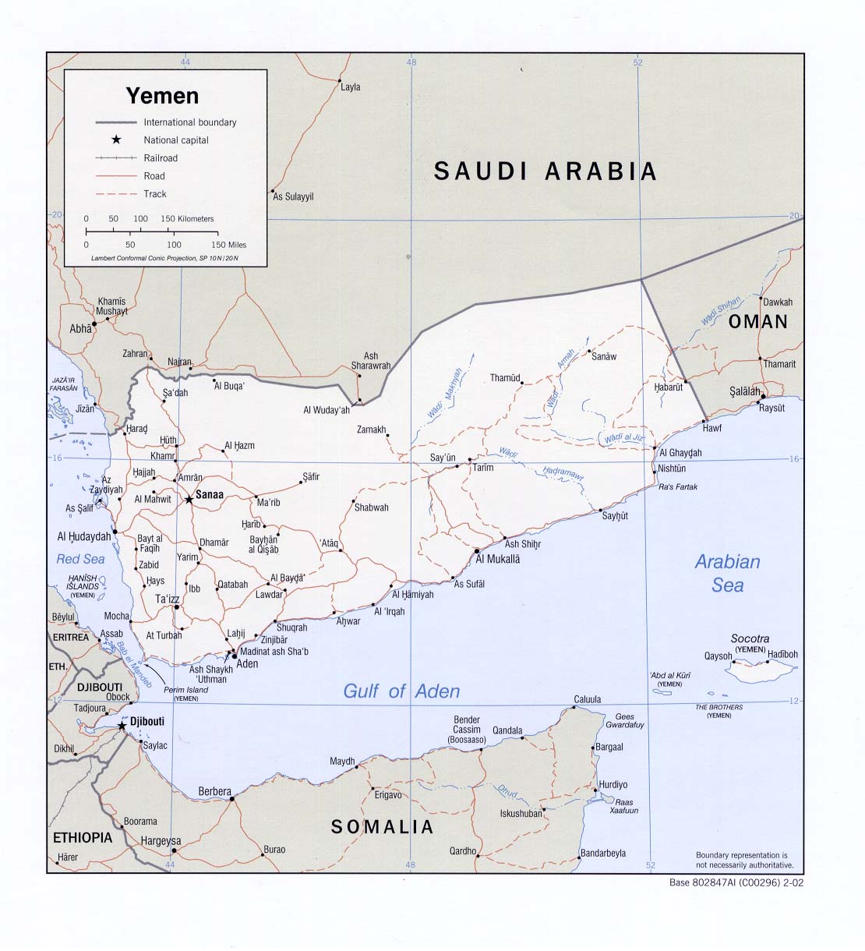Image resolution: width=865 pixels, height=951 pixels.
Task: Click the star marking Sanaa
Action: [189, 499]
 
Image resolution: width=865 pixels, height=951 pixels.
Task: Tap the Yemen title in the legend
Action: [163, 96]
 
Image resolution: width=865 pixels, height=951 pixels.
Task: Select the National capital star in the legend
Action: [116, 140]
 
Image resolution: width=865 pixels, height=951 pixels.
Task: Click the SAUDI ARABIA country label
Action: [545, 171]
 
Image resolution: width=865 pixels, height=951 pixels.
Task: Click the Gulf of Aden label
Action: [401, 691]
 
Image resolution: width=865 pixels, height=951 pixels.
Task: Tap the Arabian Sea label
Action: [727, 573]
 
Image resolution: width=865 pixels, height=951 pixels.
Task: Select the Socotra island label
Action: [750, 638]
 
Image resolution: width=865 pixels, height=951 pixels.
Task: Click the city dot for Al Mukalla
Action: [476, 551]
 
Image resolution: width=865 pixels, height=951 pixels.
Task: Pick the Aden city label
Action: [247, 664]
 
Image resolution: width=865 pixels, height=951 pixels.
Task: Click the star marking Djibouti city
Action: [122, 726]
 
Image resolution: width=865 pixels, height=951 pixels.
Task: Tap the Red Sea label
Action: [80, 559]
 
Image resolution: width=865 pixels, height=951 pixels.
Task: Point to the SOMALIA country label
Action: [382, 827]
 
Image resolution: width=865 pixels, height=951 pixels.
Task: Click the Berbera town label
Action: [214, 791]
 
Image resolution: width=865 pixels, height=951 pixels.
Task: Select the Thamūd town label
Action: [504, 378]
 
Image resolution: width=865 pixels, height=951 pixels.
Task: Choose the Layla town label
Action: [351, 87]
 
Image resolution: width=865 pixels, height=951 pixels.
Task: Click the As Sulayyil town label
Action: [293, 197]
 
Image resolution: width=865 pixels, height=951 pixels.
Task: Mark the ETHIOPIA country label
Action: [83, 838]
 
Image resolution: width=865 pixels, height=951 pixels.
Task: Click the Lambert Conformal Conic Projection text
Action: [164, 257]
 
